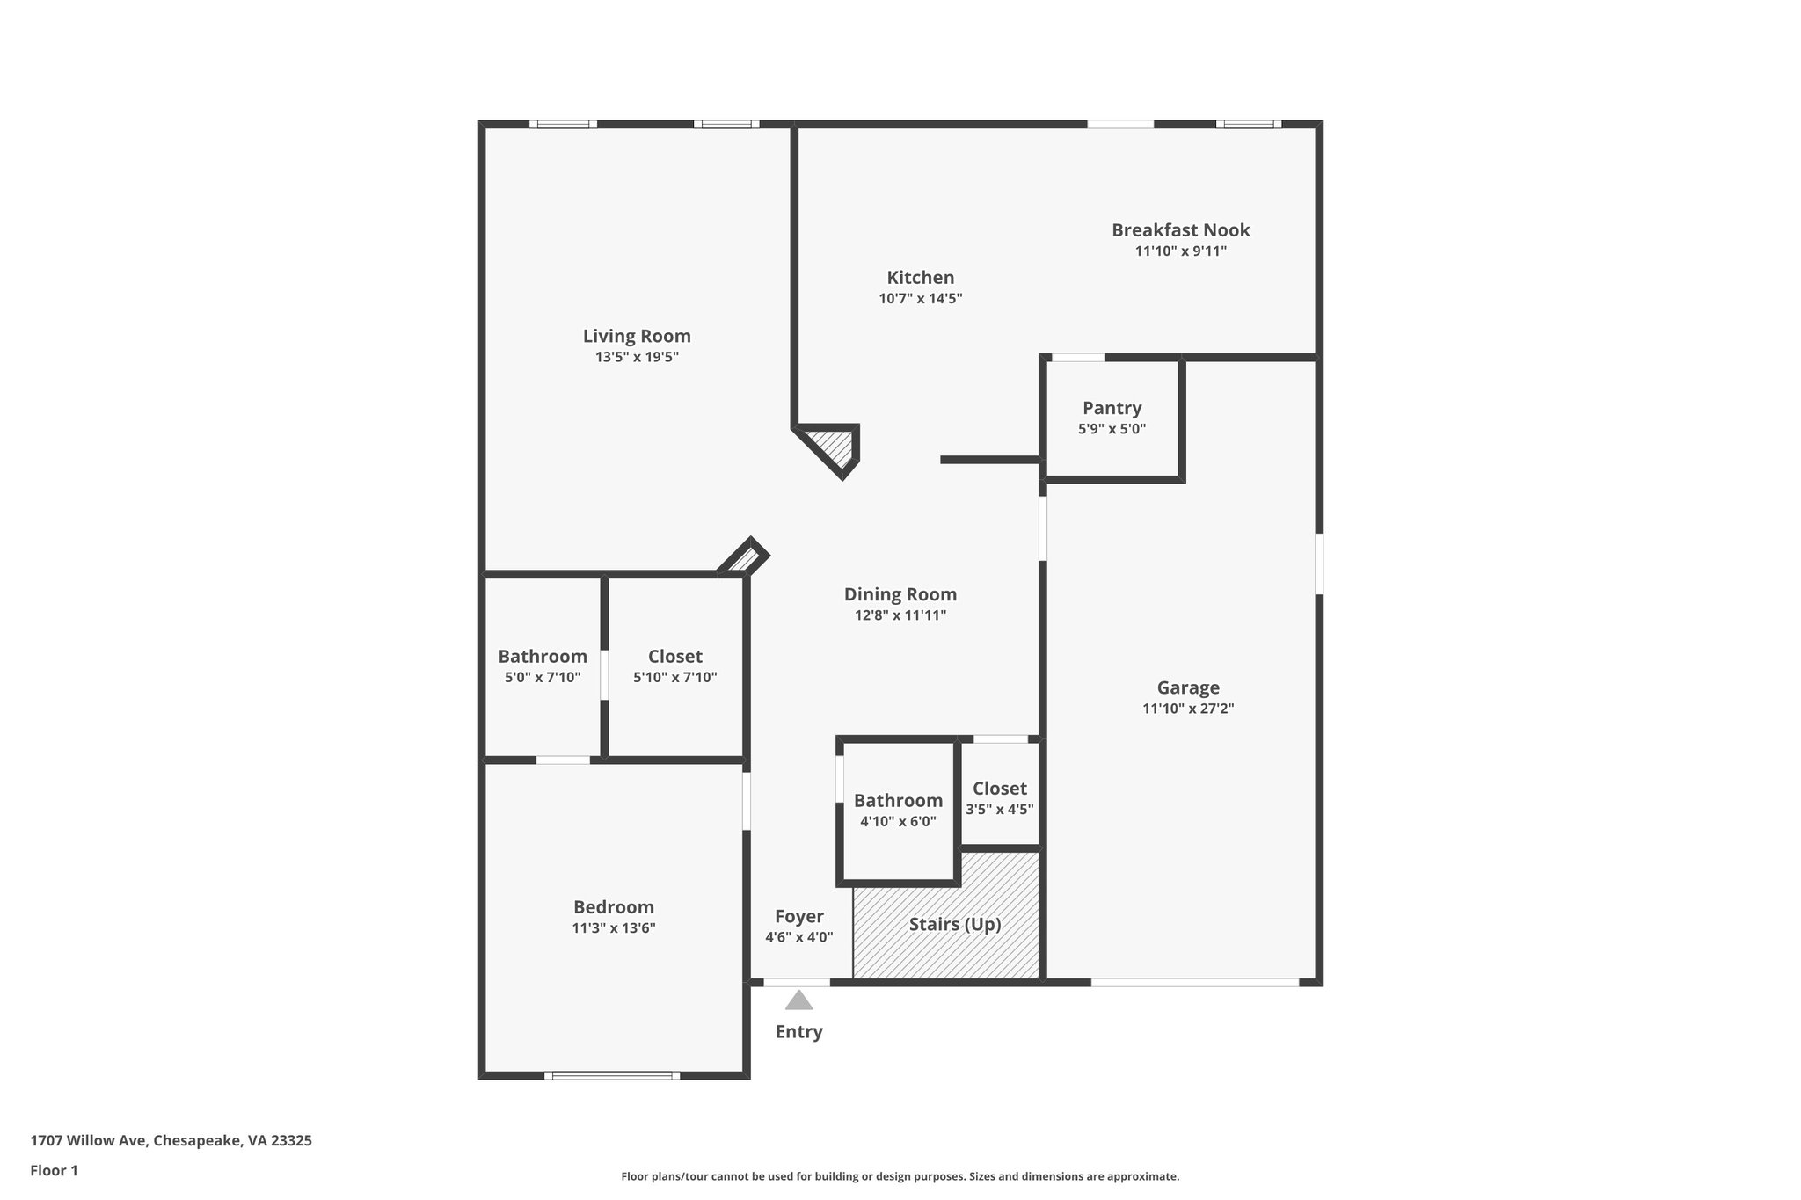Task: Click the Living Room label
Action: pyautogui.click(x=637, y=336)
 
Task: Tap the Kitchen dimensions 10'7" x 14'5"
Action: pyautogui.click(x=920, y=299)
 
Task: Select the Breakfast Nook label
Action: pyautogui.click(x=1180, y=230)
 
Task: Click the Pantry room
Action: pyautogui.click(x=1112, y=418)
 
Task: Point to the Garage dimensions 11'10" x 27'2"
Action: pyautogui.click(x=1188, y=709)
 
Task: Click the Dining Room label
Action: pyautogui.click(x=900, y=594)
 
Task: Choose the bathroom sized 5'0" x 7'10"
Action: pyautogui.click(x=543, y=666)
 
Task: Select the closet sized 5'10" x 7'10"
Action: pyautogui.click(x=674, y=666)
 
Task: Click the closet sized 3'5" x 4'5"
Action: pyautogui.click(x=999, y=798)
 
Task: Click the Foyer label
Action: pyautogui.click(x=798, y=917)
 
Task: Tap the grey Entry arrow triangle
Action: pyautogui.click(x=798, y=1001)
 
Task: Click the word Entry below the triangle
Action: pyautogui.click(x=798, y=1032)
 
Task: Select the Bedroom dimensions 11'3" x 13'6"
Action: pyautogui.click(x=614, y=928)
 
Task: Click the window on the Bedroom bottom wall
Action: pyautogui.click(x=612, y=1075)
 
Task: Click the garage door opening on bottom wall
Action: pyautogui.click(x=1194, y=982)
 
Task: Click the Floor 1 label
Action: pyautogui.click(x=55, y=1171)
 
